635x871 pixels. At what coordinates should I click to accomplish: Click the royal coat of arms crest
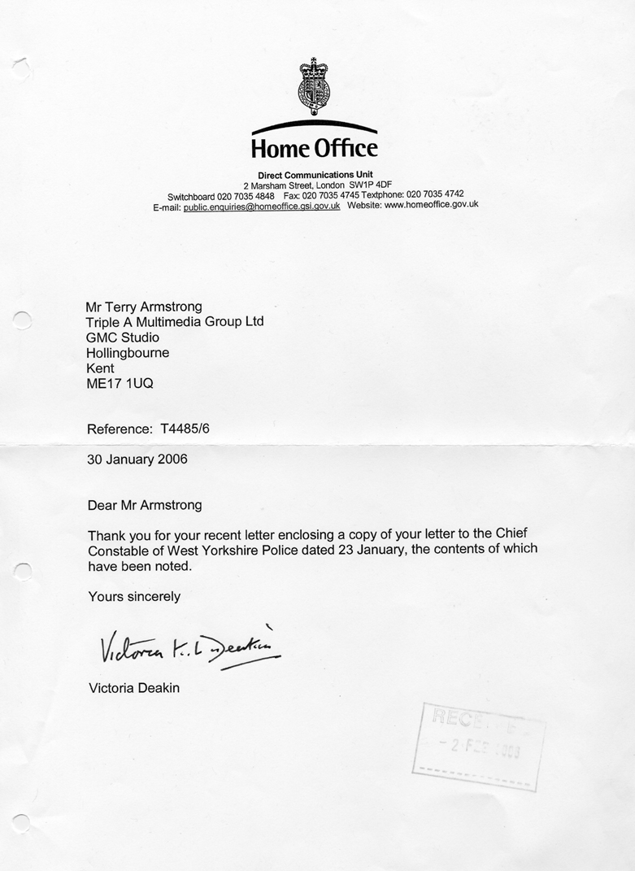click(x=314, y=88)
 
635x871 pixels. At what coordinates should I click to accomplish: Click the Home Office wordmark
click(x=314, y=148)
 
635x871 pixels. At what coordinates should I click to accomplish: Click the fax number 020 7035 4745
click(x=333, y=196)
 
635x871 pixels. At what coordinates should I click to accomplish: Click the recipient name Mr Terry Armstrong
click(x=143, y=307)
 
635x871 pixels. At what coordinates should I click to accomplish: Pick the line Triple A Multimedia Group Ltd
click(x=175, y=322)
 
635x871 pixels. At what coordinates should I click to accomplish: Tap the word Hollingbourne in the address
click(x=128, y=353)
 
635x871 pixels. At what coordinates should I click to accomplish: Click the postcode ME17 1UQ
click(x=119, y=384)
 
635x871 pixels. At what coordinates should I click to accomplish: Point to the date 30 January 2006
click(x=137, y=459)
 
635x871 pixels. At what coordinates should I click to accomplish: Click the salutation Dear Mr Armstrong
click(x=144, y=505)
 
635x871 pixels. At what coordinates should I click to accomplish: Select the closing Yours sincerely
click(x=133, y=596)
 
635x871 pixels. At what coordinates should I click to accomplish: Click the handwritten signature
click(x=189, y=647)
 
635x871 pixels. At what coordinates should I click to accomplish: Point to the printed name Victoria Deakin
click(x=133, y=688)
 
